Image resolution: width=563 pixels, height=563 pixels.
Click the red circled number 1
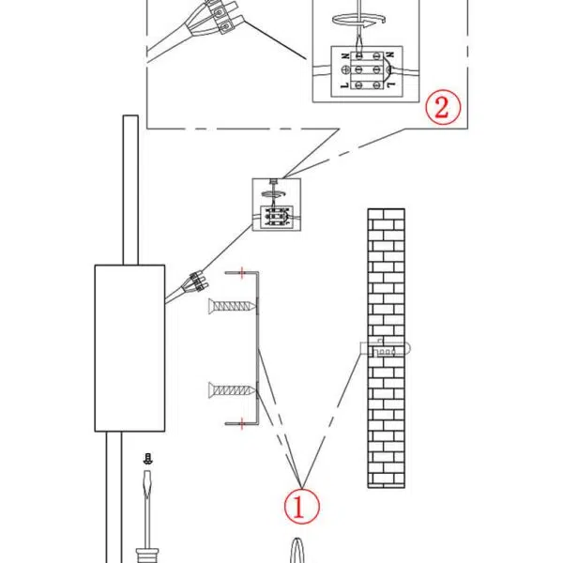[x=300, y=507]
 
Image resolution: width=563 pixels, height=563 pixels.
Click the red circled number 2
[x=444, y=107]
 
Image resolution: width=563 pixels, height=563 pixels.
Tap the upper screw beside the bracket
[x=232, y=305]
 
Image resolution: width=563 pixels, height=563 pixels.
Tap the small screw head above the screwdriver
[x=147, y=459]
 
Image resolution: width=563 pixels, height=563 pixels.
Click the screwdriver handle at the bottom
[x=147, y=553]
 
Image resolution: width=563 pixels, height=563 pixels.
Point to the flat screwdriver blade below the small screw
[x=147, y=497]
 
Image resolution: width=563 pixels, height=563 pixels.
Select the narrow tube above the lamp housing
[x=130, y=188]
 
